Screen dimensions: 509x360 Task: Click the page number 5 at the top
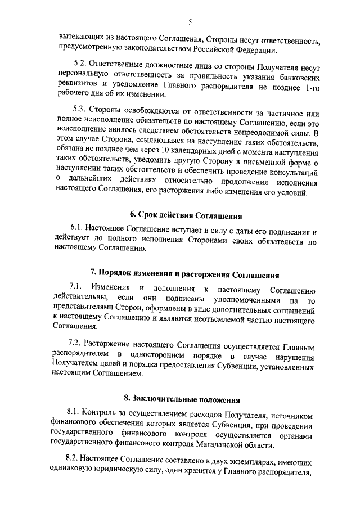pos(190,22)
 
